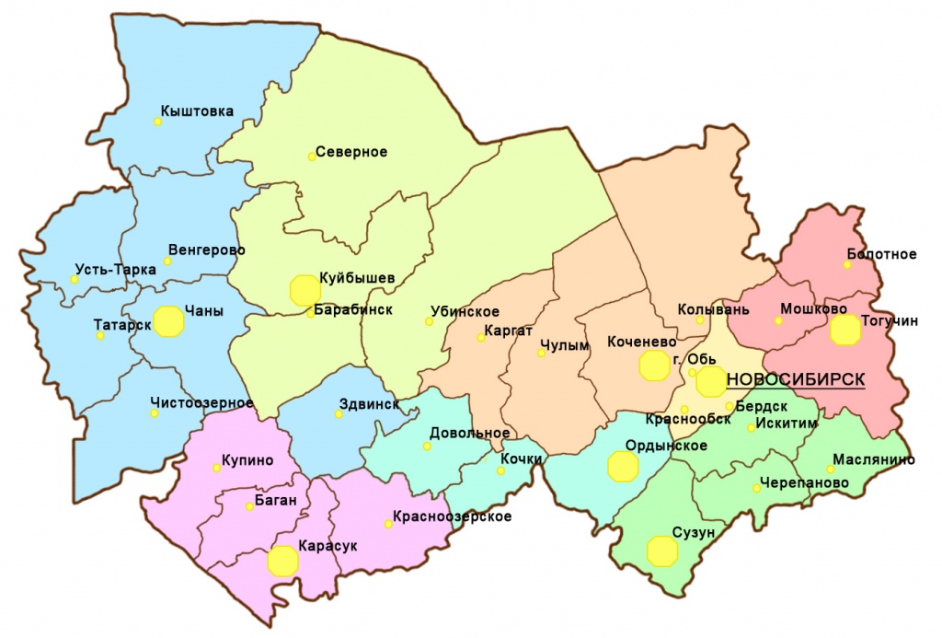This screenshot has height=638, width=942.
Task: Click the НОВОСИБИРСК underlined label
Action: point(795,379)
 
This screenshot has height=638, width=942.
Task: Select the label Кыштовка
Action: point(197,111)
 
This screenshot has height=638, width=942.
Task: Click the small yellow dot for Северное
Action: point(312,157)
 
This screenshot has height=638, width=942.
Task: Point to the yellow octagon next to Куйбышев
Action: point(304,289)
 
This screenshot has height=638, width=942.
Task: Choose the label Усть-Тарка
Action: point(114,275)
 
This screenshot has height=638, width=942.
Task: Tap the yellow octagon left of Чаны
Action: point(168,321)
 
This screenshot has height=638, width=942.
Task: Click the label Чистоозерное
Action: point(201,402)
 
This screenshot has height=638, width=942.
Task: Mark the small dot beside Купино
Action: point(216,468)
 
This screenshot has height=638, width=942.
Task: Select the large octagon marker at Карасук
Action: point(282,561)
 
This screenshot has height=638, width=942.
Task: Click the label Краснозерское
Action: point(452,516)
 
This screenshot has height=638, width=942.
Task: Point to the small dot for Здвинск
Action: point(339,414)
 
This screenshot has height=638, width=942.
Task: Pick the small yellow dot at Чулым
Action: point(541,353)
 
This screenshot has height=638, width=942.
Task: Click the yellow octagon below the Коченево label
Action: point(654,365)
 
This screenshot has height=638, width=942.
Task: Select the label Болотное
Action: point(880,254)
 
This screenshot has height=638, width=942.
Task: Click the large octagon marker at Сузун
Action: point(662,551)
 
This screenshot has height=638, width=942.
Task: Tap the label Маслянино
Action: point(873,458)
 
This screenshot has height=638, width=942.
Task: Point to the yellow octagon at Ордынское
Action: point(624,466)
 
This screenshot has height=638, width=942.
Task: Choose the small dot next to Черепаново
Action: point(756,488)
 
